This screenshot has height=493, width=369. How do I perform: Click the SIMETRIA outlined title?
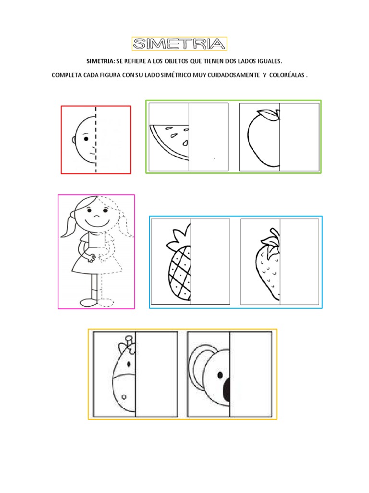(179, 44)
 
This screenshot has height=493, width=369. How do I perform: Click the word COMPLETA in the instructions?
(68, 76)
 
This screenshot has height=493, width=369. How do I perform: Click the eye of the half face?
(86, 139)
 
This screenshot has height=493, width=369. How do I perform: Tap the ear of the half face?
(74, 140)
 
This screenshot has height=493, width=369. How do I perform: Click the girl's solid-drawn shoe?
(88, 302)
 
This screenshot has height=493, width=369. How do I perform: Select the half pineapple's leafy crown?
(180, 238)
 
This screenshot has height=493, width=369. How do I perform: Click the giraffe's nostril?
(124, 397)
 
